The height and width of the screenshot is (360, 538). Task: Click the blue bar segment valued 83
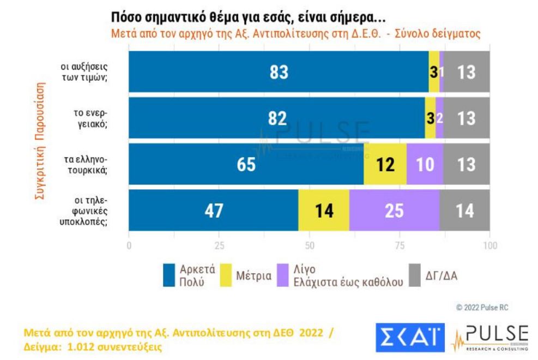tap(278, 73)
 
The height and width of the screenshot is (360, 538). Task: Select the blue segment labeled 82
tap(276, 118)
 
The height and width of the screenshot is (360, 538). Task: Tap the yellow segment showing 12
tap(385, 165)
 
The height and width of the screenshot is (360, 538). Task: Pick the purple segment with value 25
tap(394, 212)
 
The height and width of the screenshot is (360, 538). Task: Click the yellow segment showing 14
tap(324, 212)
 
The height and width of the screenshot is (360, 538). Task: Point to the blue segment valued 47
tap(213, 212)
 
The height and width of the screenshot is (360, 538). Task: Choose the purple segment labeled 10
tap(425, 165)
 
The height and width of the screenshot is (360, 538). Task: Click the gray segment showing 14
tap(464, 212)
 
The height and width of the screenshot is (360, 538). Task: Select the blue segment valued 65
tap(246, 165)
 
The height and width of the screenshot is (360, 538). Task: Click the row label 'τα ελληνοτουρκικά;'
tap(90, 165)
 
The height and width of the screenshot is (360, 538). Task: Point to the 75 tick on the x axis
tap(400, 245)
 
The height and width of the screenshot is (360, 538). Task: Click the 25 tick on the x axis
tap(219, 245)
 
